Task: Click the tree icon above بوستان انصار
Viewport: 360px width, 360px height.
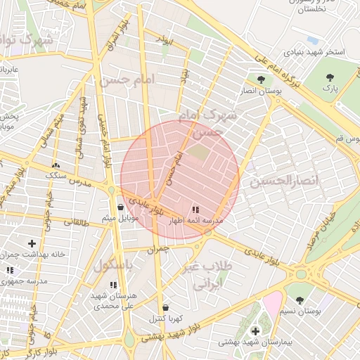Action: click(x=262, y=79)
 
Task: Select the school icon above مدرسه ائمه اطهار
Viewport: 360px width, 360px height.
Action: click(x=195, y=210)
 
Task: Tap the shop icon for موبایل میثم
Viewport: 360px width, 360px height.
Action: click(x=121, y=207)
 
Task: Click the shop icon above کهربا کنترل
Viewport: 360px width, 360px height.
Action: click(x=165, y=308)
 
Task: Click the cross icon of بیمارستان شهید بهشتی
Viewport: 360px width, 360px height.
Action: click(x=255, y=330)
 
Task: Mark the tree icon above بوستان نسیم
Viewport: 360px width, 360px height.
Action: click(x=300, y=300)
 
